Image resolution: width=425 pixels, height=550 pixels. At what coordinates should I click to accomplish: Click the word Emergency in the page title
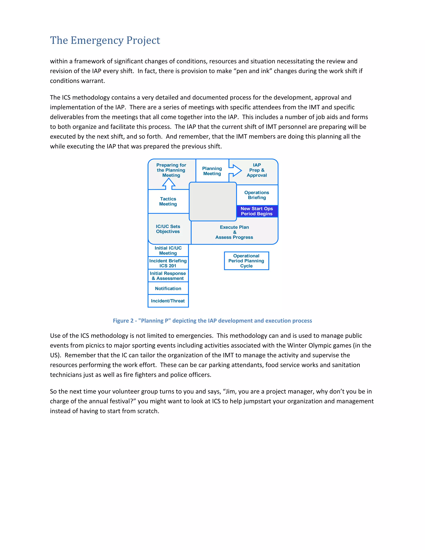97,40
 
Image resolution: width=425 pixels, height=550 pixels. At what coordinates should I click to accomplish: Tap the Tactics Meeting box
168,202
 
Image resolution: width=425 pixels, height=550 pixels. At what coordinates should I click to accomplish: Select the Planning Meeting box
212,171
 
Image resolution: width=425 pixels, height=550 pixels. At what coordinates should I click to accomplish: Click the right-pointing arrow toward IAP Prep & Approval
235,170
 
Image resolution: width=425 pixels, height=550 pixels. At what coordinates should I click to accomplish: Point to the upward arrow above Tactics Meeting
169,184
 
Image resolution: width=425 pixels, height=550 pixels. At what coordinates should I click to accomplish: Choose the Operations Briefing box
257,195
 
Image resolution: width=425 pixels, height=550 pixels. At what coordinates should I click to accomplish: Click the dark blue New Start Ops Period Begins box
257,211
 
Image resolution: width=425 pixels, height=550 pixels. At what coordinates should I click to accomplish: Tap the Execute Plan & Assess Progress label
234,232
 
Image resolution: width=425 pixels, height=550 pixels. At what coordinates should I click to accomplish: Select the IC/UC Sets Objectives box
168,229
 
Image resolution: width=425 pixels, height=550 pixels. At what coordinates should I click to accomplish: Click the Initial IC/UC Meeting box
168,251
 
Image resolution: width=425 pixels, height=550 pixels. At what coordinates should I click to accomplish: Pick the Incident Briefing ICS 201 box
168,263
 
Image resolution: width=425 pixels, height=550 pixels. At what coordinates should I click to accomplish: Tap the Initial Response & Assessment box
168,276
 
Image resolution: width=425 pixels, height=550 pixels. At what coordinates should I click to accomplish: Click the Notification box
168,288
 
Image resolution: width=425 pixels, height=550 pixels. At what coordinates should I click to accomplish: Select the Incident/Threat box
168,301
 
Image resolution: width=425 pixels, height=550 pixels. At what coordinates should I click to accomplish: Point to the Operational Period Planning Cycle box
246,261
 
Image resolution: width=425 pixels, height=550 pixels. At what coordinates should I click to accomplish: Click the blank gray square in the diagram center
213,202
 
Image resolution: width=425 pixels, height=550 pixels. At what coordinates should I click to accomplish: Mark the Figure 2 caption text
212,321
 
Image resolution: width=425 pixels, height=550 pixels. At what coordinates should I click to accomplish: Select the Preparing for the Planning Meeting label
171,170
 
